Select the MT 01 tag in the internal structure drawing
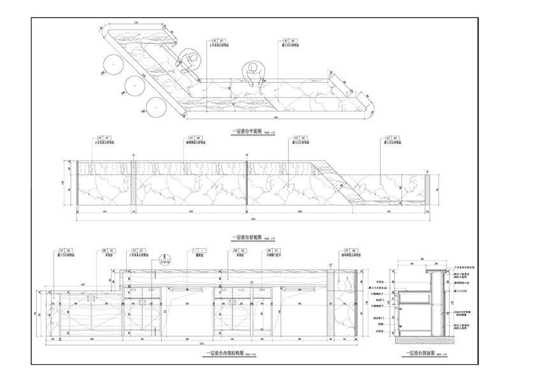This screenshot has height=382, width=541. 270,251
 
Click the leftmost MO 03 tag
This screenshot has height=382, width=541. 108,251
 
